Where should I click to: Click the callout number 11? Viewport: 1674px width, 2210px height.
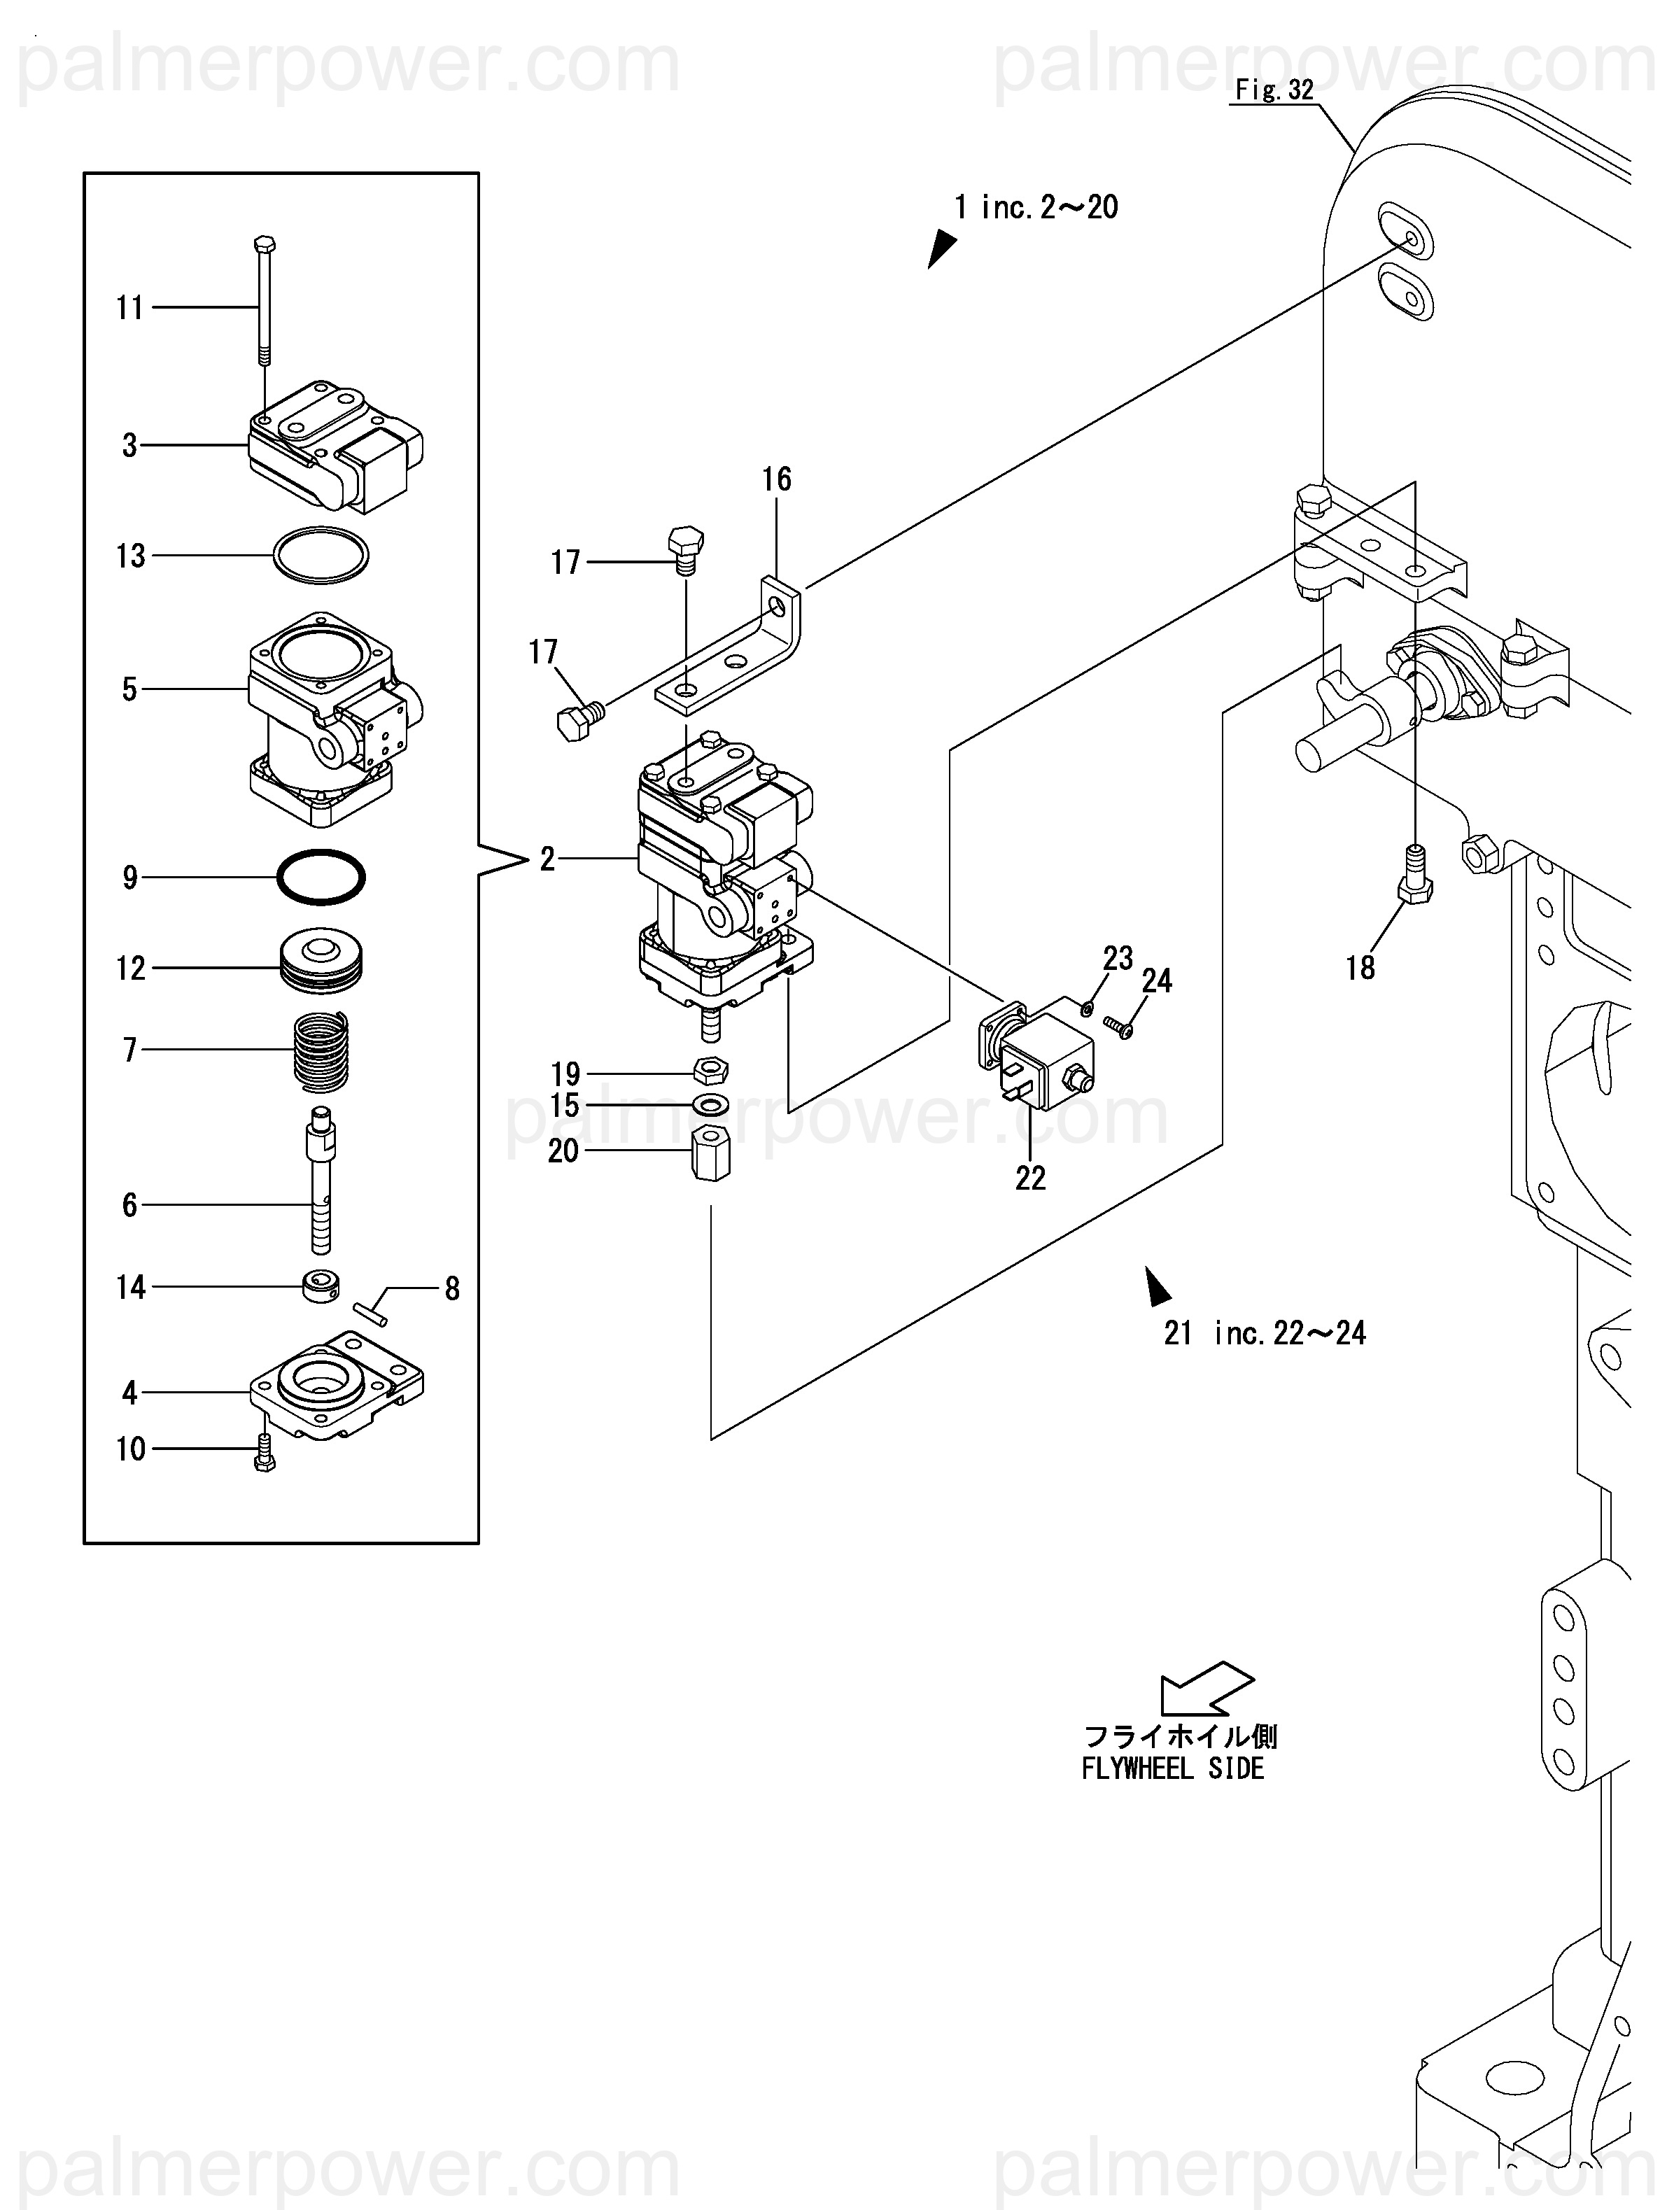(x=130, y=308)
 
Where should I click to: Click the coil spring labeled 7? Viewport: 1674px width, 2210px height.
(x=321, y=1050)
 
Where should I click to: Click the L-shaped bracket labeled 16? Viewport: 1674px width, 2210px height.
(x=729, y=645)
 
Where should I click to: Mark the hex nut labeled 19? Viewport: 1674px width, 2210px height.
(x=710, y=1071)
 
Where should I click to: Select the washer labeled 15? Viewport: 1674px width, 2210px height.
(x=710, y=1105)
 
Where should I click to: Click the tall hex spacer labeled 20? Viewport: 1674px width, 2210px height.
(x=710, y=1152)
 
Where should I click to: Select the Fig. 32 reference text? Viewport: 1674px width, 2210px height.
(x=1274, y=90)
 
